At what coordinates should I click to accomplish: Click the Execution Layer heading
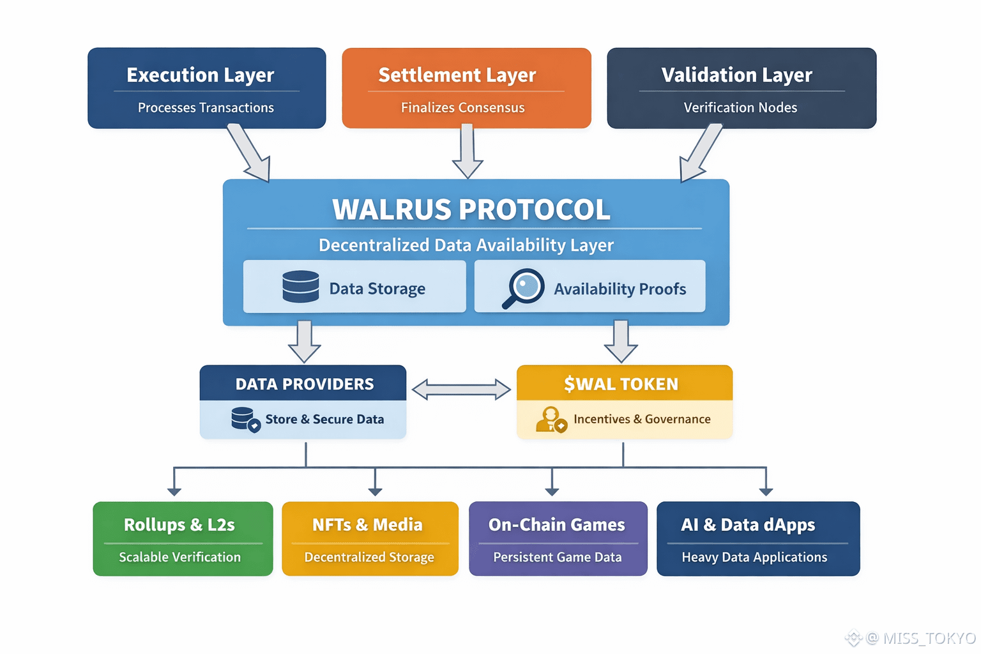200,75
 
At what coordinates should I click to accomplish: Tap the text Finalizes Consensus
462,108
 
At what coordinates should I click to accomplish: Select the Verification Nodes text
740,108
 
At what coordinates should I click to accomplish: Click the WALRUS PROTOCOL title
471,210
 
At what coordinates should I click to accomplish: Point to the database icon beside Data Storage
301,286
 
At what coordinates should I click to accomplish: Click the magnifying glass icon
524,288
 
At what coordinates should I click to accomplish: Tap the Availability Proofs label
620,289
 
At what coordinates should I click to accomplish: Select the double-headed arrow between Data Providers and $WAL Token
461,389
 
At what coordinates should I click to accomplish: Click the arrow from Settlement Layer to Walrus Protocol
468,151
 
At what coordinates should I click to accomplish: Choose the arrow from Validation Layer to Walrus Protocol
700,153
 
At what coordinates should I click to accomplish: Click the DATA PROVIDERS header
304,384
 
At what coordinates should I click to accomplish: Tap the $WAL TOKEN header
621,384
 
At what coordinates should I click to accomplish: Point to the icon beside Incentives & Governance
551,420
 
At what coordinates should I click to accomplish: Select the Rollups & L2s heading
179,525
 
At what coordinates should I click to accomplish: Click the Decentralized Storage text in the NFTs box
369,558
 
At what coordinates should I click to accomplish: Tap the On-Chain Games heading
556,525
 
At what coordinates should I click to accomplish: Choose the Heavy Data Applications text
754,558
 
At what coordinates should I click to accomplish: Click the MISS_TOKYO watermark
920,638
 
